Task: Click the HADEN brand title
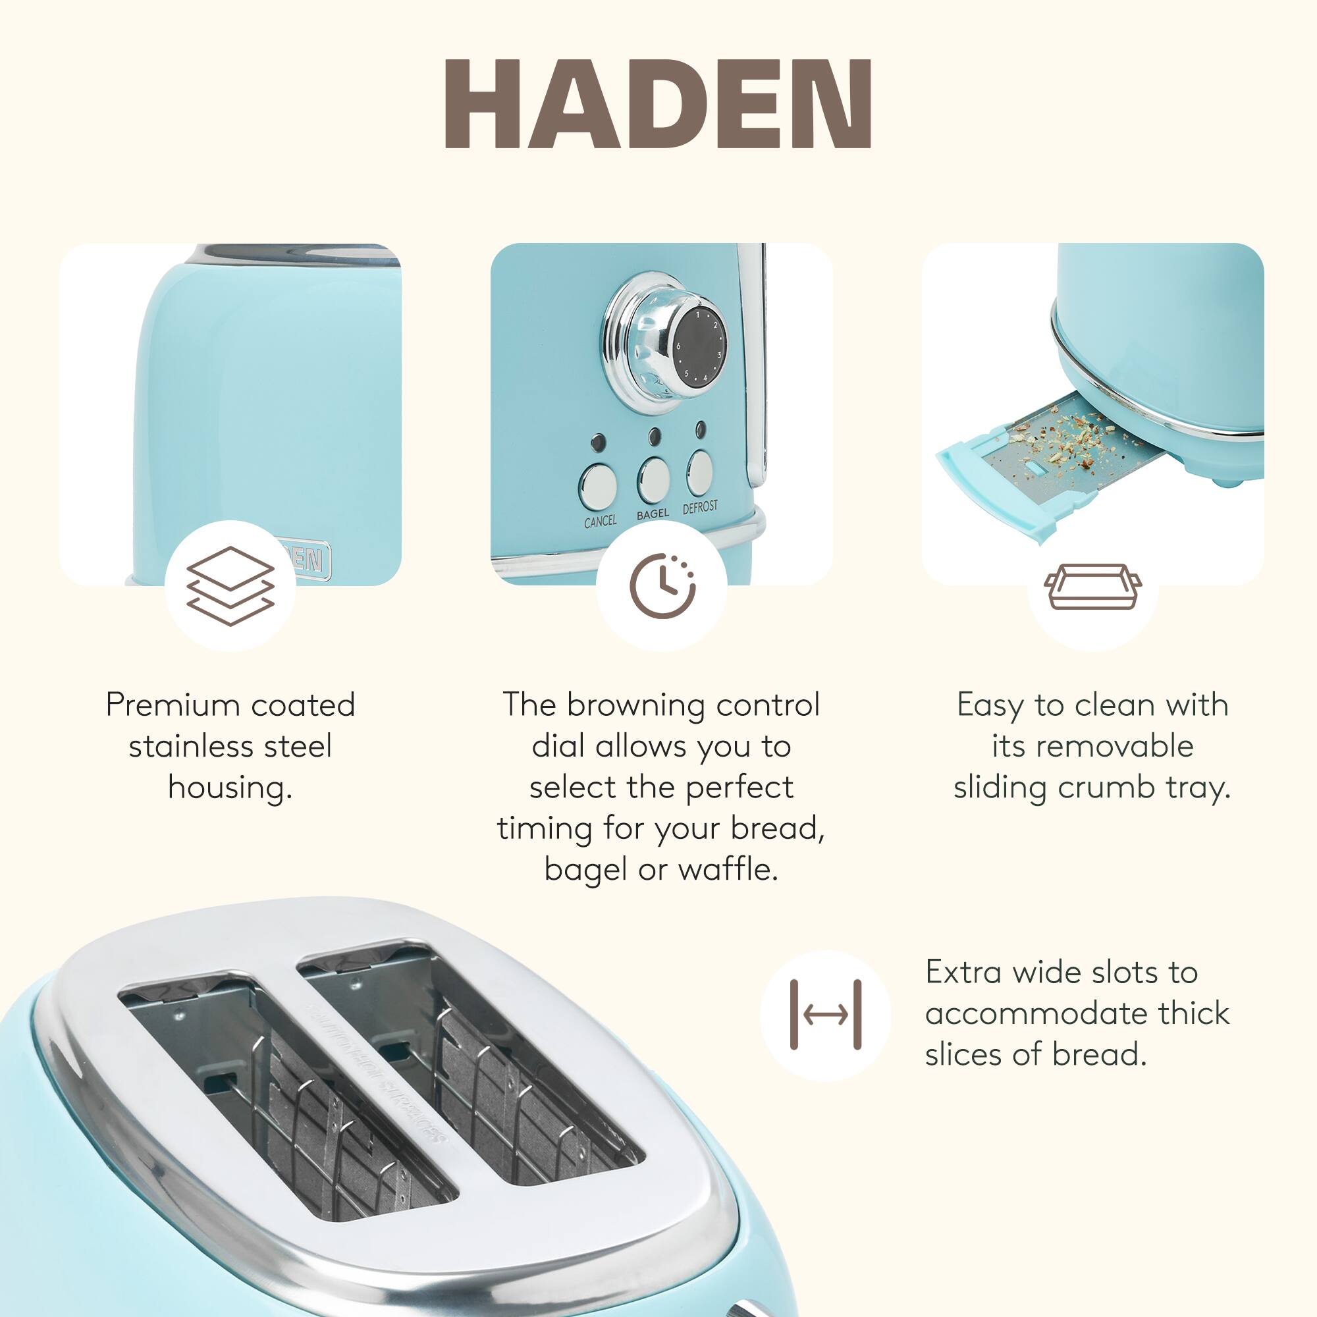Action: pyautogui.click(x=658, y=103)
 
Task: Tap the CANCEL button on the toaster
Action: pyautogui.click(x=598, y=486)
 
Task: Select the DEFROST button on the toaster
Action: pyautogui.click(x=699, y=471)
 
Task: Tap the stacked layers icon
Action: pyautogui.click(x=230, y=585)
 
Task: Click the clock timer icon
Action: pyautogui.click(x=662, y=585)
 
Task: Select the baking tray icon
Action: pyautogui.click(x=1092, y=585)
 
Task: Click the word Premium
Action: pyautogui.click(x=171, y=705)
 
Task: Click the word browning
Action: pyautogui.click(x=636, y=705)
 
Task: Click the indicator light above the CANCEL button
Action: pyautogui.click(x=598, y=443)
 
